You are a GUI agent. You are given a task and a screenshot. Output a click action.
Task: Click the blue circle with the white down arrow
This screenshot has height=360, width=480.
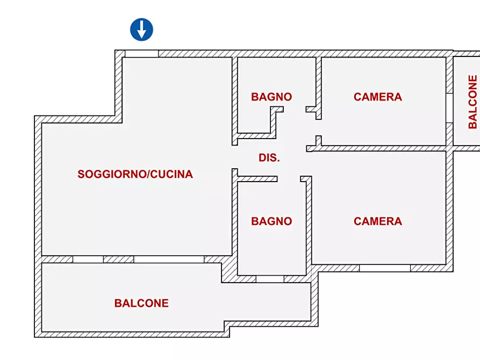(x=142, y=30)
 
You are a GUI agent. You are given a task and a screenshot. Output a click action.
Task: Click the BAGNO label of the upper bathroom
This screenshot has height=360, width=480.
(x=271, y=97)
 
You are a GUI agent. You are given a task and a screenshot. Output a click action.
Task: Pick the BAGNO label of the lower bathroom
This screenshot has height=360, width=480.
(x=271, y=221)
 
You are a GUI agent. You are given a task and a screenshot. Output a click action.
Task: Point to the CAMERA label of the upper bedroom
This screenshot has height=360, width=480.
(x=378, y=97)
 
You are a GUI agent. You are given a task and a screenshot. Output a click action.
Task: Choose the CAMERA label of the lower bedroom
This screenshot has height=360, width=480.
(x=378, y=221)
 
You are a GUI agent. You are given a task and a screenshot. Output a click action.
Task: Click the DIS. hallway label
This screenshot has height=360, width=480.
(x=269, y=158)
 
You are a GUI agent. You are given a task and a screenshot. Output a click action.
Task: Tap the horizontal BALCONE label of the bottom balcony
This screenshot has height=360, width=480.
(x=141, y=303)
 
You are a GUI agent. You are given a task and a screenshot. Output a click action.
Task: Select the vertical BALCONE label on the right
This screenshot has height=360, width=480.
(x=472, y=102)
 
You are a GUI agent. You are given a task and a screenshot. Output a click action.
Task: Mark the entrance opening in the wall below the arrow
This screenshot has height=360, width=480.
(x=141, y=54)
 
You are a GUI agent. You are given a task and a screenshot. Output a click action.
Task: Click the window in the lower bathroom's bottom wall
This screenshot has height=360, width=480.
(x=270, y=279)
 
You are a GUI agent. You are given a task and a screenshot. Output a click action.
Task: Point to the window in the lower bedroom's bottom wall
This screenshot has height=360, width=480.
(x=385, y=268)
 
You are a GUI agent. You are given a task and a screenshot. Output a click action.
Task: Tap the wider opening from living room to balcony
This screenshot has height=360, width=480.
(x=169, y=259)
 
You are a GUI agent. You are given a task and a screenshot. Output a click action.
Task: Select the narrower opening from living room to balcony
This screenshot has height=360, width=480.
(x=88, y=259)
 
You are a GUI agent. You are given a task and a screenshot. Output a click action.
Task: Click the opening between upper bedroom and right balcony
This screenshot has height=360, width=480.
(x=449, y=108)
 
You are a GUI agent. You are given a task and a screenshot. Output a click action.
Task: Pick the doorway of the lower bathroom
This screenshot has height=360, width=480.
(x=289, y=179)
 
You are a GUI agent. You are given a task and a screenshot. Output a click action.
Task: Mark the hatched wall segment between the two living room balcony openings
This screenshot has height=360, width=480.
(x=118, y=259)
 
